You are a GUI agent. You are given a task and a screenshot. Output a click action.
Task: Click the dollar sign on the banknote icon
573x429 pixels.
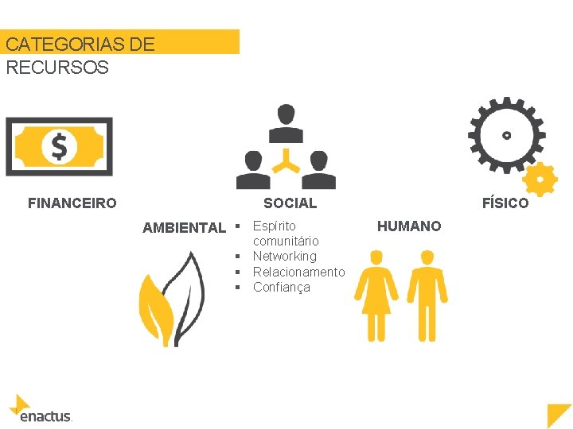tap(59, 146)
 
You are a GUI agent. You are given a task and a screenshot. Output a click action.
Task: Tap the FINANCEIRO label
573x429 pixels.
tap(72, 203)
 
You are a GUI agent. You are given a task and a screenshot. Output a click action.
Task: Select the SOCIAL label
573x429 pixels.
tap(290, 203)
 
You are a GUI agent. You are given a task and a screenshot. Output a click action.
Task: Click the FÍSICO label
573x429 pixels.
tap(505, 203)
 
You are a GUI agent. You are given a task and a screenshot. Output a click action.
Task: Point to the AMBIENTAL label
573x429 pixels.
tap(184, 228)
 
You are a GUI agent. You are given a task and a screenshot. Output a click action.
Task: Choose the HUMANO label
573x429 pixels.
tap(409, 226)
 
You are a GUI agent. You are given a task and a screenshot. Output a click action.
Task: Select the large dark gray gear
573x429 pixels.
tap(505, 135)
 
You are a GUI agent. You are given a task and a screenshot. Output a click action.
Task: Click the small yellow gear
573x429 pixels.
tap(541, 180)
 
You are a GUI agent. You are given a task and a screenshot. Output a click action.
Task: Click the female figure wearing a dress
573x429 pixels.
tap(376, 294)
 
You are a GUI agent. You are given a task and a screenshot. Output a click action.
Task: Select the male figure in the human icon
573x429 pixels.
tap(427, 294)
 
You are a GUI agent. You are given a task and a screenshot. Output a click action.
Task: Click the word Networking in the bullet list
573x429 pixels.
tap(284, 257)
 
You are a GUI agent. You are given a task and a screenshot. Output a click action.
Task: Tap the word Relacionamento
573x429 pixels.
tap(298, 272)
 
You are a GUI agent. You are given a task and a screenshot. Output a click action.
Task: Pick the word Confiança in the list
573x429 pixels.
tap(281, 288)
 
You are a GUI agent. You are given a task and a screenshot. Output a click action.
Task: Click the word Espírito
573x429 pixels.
tap(274, 226)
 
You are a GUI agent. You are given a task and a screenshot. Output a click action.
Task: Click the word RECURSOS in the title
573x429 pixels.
tap(57, 68)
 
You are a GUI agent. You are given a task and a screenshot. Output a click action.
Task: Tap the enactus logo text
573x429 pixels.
tap(45, 415)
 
